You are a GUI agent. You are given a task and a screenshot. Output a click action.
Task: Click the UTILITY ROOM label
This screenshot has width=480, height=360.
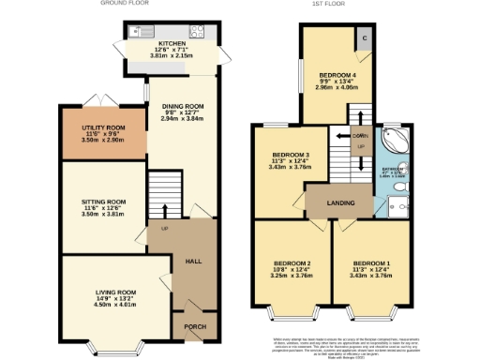102,131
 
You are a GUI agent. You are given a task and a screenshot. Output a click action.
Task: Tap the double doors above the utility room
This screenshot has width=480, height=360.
97,98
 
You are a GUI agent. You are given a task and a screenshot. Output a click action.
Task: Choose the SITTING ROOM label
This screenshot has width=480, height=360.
102,202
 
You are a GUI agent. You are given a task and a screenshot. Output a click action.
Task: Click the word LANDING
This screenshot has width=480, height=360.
339,202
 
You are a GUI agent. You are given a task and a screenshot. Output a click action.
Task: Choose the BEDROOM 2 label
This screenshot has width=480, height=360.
290,263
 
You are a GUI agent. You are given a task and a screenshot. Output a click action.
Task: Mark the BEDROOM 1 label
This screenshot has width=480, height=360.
369,263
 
